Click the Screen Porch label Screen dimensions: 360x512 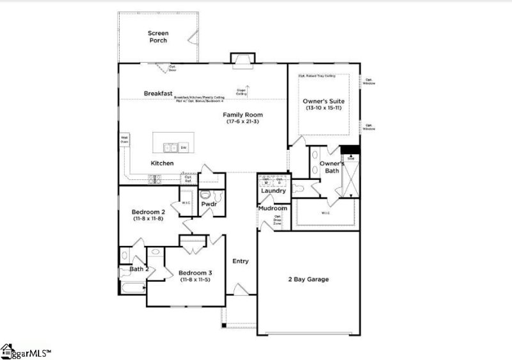(158, 37)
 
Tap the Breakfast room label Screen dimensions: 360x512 (158, 94)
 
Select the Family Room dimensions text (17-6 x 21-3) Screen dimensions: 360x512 (243, 122)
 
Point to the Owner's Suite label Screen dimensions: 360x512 (323, 101)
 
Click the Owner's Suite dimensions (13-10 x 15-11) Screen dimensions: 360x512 (323, 108)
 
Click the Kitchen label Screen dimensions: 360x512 (162, 163)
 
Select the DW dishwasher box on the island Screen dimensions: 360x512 (184, 148)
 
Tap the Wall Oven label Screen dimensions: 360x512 (124, 139)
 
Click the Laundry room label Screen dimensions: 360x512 (273, 191)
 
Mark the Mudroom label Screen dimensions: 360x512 (273, 208)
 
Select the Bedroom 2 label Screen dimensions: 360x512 (148, 212)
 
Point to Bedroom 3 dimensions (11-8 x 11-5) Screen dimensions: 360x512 (195, 280)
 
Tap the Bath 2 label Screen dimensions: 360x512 (139, 269)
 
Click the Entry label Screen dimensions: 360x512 (240, 261)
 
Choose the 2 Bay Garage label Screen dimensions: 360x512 (308, 279)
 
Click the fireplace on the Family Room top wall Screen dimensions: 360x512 (243, 60)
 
